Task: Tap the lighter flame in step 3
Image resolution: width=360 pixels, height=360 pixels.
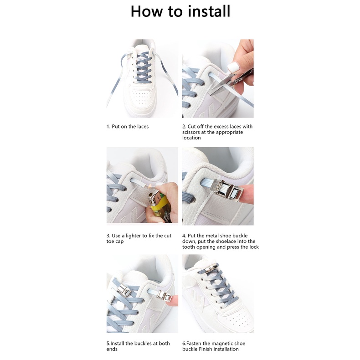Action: coord(150,186)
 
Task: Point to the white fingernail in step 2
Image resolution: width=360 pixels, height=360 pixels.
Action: coord(234,67)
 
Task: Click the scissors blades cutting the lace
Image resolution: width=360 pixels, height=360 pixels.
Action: coord(221,84)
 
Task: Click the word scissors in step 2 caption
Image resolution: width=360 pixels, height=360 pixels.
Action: coord(191,132)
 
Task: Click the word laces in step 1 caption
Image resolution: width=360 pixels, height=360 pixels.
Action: coord(143,127)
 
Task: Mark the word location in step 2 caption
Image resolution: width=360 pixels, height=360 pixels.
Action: coord(191,138)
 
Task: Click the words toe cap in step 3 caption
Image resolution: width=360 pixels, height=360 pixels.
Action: coord(115,242)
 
